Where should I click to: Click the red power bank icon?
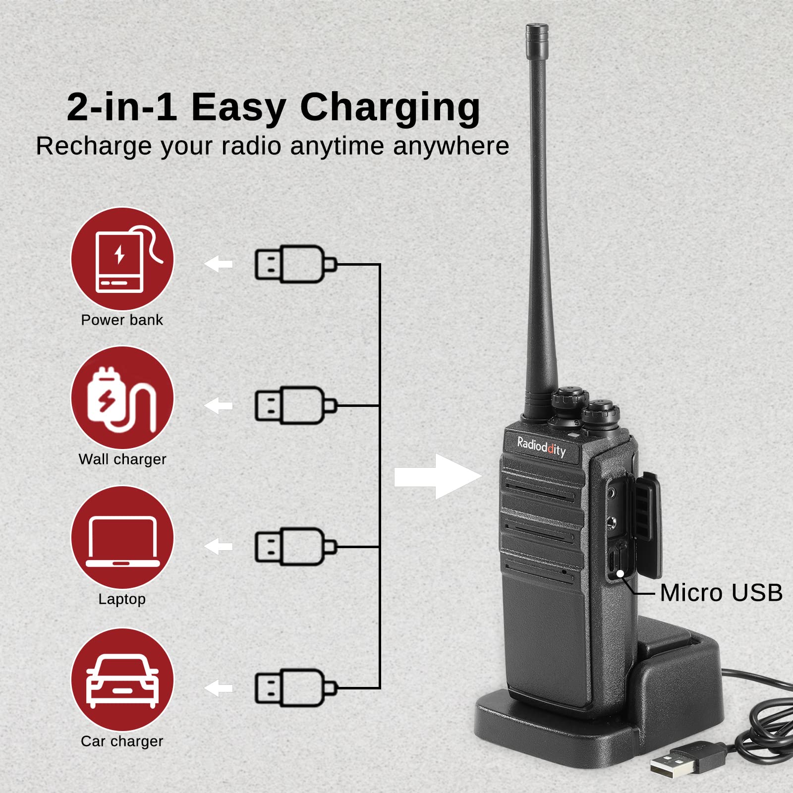[122, 259]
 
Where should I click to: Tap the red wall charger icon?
[122, 398]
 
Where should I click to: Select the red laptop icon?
[122, 537]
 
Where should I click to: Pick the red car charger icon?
[122, 680]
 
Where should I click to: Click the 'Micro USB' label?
[721, 593]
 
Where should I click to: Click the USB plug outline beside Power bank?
[295, 264]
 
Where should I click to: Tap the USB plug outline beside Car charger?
[295, 688]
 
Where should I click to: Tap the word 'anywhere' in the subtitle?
[451, 146]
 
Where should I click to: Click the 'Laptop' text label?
[122, 599]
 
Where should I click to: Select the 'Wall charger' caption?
[122, 459]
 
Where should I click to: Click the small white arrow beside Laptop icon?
[219, 547]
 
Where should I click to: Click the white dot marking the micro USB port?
[620, 573]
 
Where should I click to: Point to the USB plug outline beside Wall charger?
[295, 405]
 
